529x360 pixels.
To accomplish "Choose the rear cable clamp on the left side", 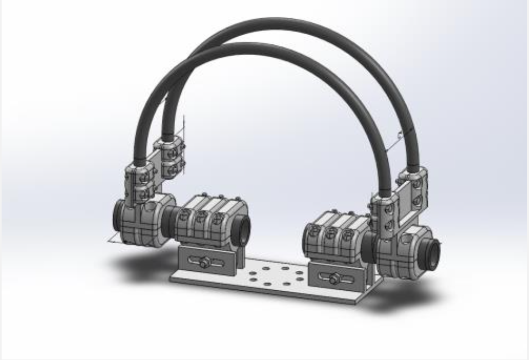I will [169, 157].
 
